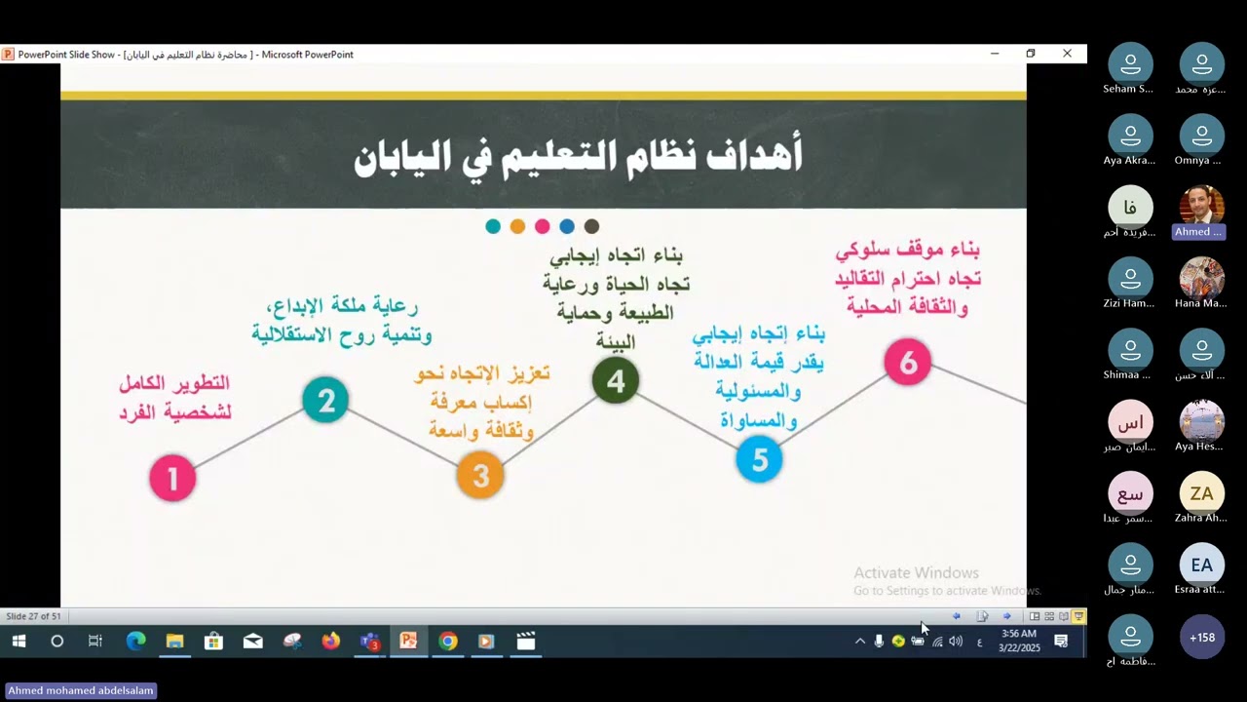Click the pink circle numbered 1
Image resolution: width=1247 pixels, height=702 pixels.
click(x=172, y=478)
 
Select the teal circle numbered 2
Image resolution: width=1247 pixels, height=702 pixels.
click(x=325, y=400)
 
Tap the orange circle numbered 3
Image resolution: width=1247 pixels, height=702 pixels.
click(x=480, y=475)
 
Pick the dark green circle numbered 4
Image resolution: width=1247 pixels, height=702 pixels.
click(x=615, y=380)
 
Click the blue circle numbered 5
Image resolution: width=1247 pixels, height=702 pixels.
click(x=759, y=458)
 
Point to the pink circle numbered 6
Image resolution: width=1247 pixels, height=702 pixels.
click(x=907, y=363)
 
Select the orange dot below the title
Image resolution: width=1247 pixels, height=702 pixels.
click(x=517, y=226)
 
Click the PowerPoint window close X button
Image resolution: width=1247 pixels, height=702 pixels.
click(x=1067, y=54)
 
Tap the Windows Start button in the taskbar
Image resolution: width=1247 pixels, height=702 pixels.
click(x=19, y=641)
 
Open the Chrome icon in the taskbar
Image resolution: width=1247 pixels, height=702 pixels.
click(x=447, y=641)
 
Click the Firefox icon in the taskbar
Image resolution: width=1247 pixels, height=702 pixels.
click(x=330, y=641)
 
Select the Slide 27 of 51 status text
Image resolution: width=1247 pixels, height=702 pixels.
click(x=33, y=616)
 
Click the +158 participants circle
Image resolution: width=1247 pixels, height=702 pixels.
click(x=1201, y=638)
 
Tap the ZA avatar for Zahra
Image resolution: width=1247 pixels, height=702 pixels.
click(x=1201, y=493)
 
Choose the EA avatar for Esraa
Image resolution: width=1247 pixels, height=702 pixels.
click(x=1201, y=565)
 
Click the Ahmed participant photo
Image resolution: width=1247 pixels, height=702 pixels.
click(x=1200, y=205)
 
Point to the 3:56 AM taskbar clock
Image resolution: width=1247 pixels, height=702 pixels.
click(x=1018, y=634)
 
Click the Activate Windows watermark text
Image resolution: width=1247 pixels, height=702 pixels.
click(x=916, y=573)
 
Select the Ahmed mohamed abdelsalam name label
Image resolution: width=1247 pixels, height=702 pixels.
click(x=81, y=690)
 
